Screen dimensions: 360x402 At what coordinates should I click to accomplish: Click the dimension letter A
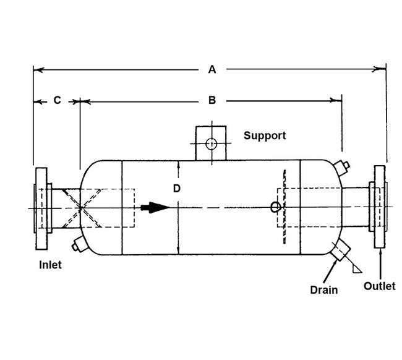pos(212,70)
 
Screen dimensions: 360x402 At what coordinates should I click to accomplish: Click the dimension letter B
pos(212,100)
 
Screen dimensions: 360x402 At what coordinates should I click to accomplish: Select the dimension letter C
pos(56,100)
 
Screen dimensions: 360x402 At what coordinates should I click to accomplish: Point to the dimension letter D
pos(176,189)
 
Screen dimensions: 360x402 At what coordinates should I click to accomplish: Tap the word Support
pos(265,135)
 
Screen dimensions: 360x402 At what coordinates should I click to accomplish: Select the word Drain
pos(325,289)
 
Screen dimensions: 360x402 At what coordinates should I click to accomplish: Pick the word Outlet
pos(378,286)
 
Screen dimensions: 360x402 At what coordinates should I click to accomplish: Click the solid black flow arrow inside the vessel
pos(155,207)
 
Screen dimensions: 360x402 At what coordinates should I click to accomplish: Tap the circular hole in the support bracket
pos(212,144)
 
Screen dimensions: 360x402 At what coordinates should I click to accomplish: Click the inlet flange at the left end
pos(41,208)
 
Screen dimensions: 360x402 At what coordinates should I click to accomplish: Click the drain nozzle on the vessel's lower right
pos(341,252)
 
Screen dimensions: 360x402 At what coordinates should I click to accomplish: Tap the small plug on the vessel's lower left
pos(77,245)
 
